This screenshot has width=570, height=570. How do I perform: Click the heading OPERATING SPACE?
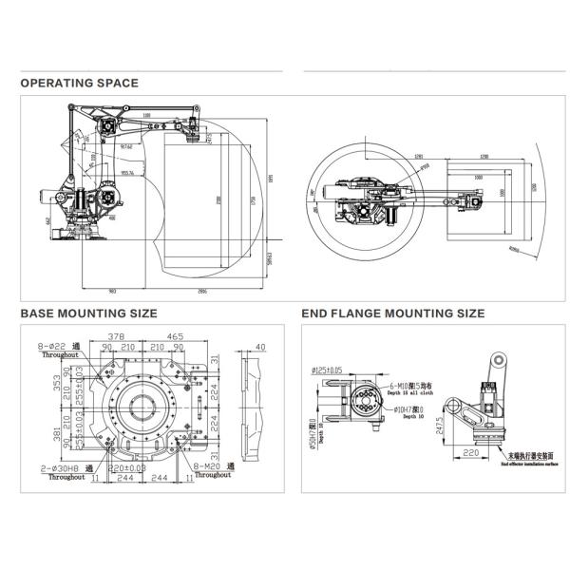click(80, 83)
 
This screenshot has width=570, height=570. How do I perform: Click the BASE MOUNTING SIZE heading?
click(89, 313)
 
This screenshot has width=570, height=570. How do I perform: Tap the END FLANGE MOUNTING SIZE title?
click(392, 313)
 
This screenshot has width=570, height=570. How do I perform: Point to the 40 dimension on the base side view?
click(260, 346)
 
